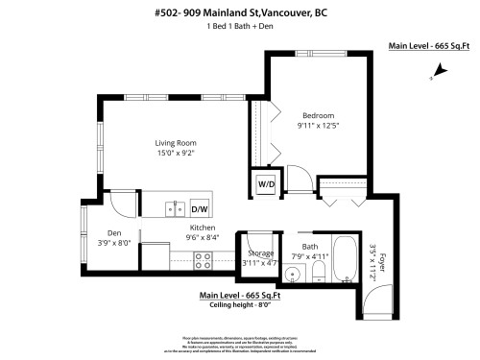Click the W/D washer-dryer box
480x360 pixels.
(264, 183)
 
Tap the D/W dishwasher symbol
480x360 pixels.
(200, 208)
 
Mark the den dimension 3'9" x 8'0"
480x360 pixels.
(114, 243)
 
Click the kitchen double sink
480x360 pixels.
(174, 206)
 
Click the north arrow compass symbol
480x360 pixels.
(441, 69)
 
